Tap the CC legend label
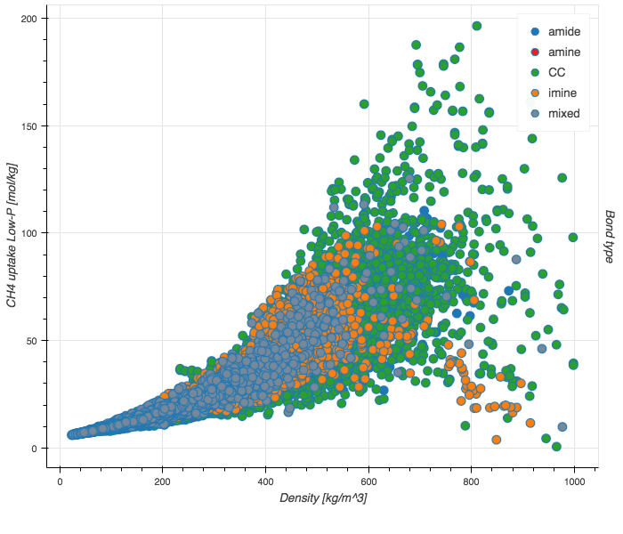click(x=557, y=72)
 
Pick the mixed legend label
click(x=564, y=113)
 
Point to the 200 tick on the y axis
click(x=38, y=18)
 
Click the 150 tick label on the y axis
click(x=38, y=125)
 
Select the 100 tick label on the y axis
click(x=38, y=233)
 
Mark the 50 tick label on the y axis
click(x=41, y=341)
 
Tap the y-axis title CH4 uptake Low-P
click(x=12, y=236)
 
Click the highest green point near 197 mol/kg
click(x=477, y=26)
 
